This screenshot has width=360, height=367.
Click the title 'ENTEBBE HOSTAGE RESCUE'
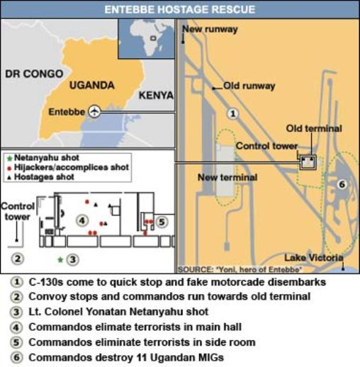tap(180, 9)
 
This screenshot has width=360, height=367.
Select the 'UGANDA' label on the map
tap(91, 85)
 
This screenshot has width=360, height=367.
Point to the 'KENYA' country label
tap(155, 95)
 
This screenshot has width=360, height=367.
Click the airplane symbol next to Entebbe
tap(96, 112)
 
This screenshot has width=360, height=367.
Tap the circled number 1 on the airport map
tap(232, 113)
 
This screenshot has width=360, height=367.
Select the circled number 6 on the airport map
tap(341, 184)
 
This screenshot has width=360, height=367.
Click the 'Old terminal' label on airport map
tap(313, 129)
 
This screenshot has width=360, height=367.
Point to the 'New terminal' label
tap(227, 177)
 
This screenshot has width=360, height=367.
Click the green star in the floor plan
tap(60, 260)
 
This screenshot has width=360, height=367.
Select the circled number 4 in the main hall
tap(81, 220)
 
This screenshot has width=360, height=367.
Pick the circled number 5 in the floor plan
tap(162, 222)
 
